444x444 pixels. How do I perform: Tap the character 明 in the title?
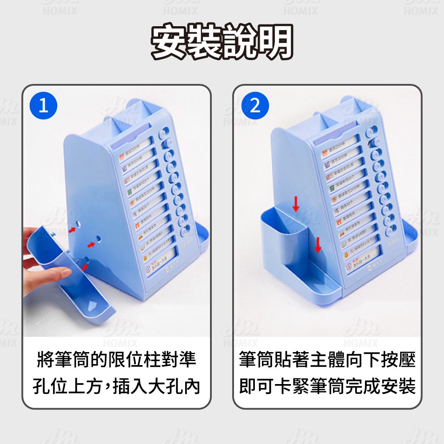(275, 43)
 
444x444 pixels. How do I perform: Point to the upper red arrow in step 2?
(296, 205)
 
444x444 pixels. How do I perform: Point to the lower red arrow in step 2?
(317, 245)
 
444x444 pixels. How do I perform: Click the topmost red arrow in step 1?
(72, 229)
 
